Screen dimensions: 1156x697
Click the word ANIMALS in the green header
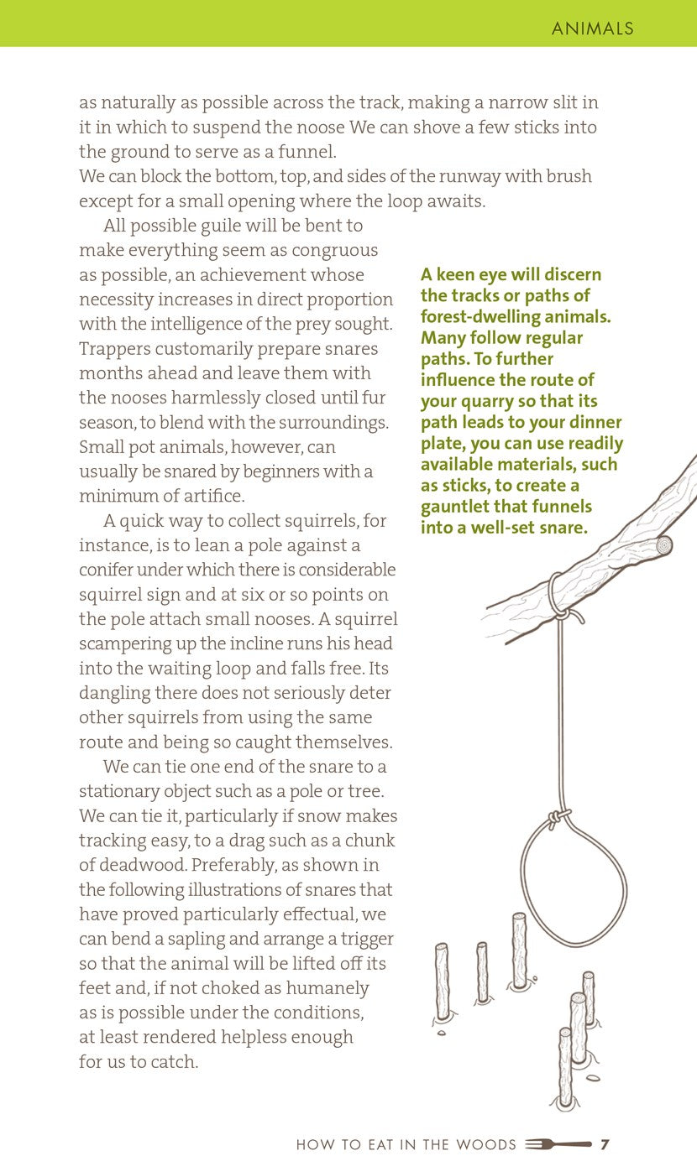click(x=592, y=29)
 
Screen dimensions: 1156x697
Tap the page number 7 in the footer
click(x=605, y=1144)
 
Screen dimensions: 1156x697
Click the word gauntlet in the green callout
click(x=458, y=507)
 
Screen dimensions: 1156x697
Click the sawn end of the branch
click(x=664, y=544)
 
